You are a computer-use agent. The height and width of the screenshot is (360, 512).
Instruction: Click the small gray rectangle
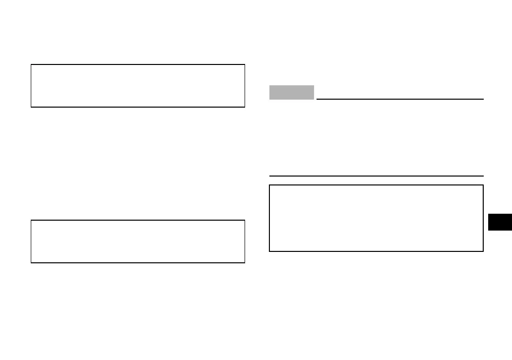click(x=292, y=92)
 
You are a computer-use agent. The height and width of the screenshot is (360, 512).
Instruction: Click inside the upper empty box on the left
click(x=138, y=86)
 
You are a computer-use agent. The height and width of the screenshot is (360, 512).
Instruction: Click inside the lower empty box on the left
click(x=138, y=241)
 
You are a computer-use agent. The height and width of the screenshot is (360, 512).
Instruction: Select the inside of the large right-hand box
click(x=376, y=218)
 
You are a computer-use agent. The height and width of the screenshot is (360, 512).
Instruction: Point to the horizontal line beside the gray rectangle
click(x=399, y=99)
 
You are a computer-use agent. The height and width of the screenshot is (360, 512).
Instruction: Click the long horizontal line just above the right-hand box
click(x=376, y=176)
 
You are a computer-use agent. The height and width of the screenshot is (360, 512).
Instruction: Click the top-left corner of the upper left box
click(x=31, y=64)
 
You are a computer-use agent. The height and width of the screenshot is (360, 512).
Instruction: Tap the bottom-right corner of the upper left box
click(x=245, y=107)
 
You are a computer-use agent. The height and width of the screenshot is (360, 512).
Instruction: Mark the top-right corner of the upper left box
click(x=245, y=64)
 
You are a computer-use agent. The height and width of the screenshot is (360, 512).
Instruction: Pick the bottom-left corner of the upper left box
click(x=31, y=107)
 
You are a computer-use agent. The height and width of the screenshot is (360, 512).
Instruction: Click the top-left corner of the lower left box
click(x=31, y=220)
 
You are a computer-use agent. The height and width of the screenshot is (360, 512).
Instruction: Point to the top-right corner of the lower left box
click(x=245, y=220)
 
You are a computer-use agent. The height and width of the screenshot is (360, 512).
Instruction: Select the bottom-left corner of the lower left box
click(x=31, y=262)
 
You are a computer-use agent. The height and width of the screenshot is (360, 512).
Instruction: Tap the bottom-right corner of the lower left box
click(x=245, y=262)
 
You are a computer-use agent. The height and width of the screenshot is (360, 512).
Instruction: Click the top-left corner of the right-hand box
click(x=269, y=185)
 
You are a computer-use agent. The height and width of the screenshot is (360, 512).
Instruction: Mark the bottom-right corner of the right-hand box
click(x=483, y=251)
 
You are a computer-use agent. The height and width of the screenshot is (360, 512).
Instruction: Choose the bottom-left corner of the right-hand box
click(x=269, y=251)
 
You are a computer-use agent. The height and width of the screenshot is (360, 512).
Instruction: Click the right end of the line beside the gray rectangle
click(x=483, y=99)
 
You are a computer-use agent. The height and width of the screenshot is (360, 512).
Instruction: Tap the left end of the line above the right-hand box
click(x=270, y=176)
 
